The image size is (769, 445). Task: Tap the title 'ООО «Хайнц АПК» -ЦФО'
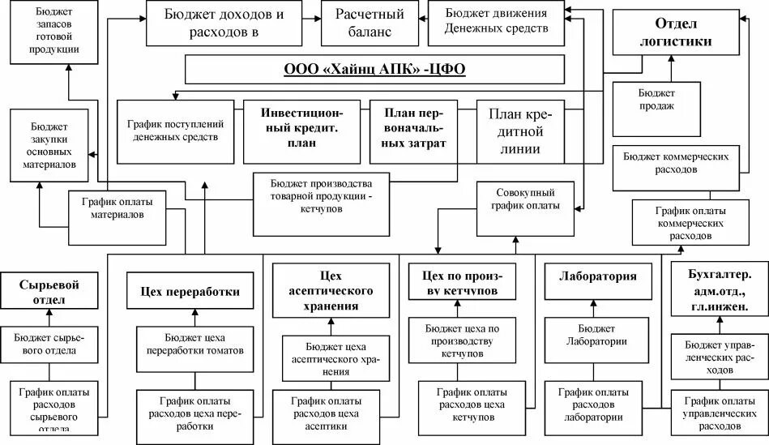[374, 70]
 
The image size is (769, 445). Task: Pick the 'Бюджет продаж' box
[656, 108]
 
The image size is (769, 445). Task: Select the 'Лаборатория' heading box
[598, 276]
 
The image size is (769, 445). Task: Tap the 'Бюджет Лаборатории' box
[597, 334]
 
